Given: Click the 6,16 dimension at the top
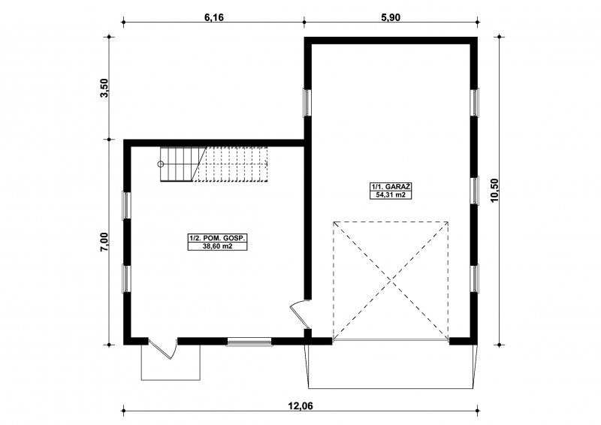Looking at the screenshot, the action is coord(214,17).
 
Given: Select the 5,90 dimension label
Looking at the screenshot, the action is coord(391,17).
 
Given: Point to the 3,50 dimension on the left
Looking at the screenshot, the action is coord(104,88).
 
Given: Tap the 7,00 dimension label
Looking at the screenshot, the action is coord(104,242).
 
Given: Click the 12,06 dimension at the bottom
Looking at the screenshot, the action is coord(300,405).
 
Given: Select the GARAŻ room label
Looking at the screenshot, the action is coord(398,187).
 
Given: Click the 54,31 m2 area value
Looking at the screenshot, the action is coord(391,195).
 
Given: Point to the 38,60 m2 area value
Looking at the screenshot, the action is coord(218,246).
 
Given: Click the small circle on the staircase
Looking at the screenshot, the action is coord(161,164).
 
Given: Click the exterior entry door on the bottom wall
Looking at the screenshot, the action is coord(163,348).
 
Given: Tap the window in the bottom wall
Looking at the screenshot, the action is coord(249,342).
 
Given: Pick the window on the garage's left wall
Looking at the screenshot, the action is coord(307,102).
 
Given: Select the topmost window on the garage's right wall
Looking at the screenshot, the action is coord(475,102).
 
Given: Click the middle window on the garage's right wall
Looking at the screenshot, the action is coord(475,191).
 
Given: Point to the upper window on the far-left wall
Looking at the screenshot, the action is coord(126,206).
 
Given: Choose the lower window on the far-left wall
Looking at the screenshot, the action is coord(126,279).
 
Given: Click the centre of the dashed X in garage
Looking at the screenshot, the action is coord(391,281).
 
